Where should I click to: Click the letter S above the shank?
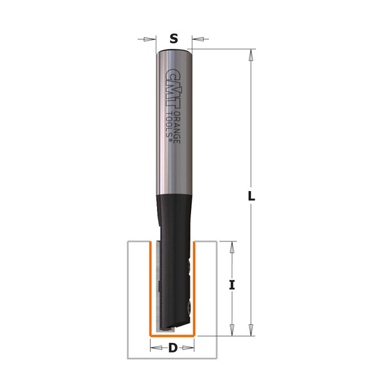point(173,39)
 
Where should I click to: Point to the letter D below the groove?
point(172,349)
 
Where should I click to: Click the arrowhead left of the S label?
point(152,39)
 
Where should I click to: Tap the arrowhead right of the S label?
point(195,39)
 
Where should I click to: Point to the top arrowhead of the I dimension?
point(233,246)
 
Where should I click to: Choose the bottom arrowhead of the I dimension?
point(233,331)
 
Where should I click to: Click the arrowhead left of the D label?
point(154,349)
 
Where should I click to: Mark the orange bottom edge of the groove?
point(172,336)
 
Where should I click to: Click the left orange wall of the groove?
point(151,289)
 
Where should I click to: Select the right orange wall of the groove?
point(194,289)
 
